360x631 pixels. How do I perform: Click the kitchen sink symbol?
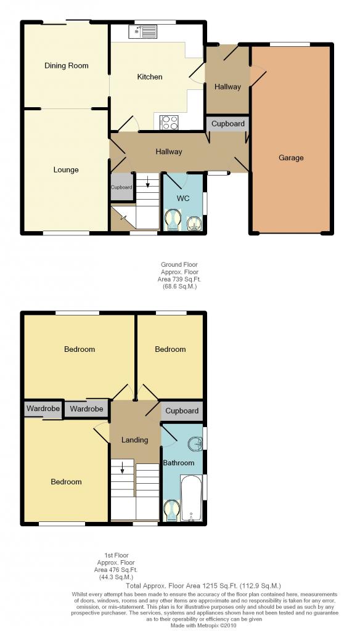click(x=142, y=31)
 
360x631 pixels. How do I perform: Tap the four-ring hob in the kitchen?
click(x=169, y=123)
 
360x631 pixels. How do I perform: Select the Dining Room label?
click(x=67, y=65)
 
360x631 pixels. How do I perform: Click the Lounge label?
click(x=66, y=170)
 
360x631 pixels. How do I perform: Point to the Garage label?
click(x=291, y=158)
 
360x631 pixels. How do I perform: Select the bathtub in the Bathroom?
click(x=192, y=498)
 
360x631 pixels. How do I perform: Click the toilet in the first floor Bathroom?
click(x=172, y=510)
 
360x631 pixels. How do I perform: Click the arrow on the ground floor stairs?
click(x=148, y=182)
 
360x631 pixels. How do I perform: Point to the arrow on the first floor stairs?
click(x=121, y=468)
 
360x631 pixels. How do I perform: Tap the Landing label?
click(x=135, y=440)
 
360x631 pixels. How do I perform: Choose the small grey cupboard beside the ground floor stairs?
click(x=121, y=187)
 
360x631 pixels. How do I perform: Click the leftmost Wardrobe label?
click(x=43, y=409)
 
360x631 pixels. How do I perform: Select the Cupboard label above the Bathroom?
click(x=182, y=411)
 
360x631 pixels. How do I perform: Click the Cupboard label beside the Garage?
click(x=228, y=124)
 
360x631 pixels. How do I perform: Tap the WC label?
click(x=183, y=198)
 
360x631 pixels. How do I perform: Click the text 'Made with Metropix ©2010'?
click(x=205, y=625)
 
